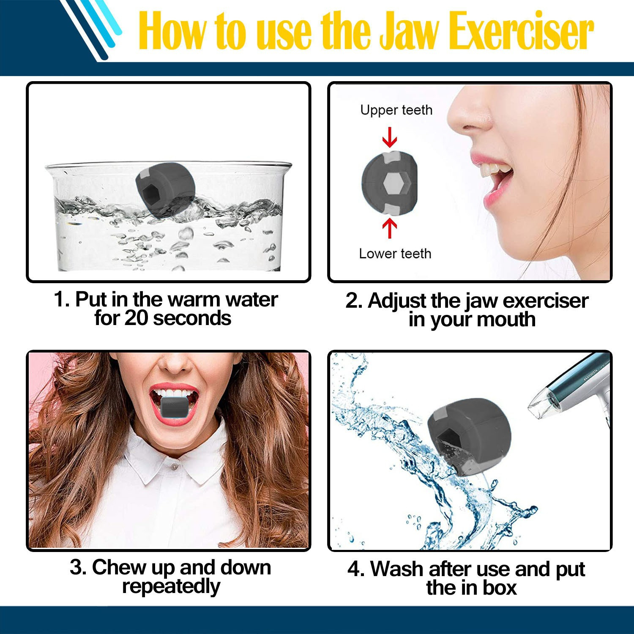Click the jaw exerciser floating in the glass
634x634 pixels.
(x=165, y=188)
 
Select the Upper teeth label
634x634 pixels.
(x=396, y=110)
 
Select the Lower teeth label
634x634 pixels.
(x=395, y=254)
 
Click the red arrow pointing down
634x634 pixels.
(x=389, y=137)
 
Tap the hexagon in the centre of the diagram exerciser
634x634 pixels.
(x=393, y=183)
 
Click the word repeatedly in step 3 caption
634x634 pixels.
(x=171, y=586)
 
